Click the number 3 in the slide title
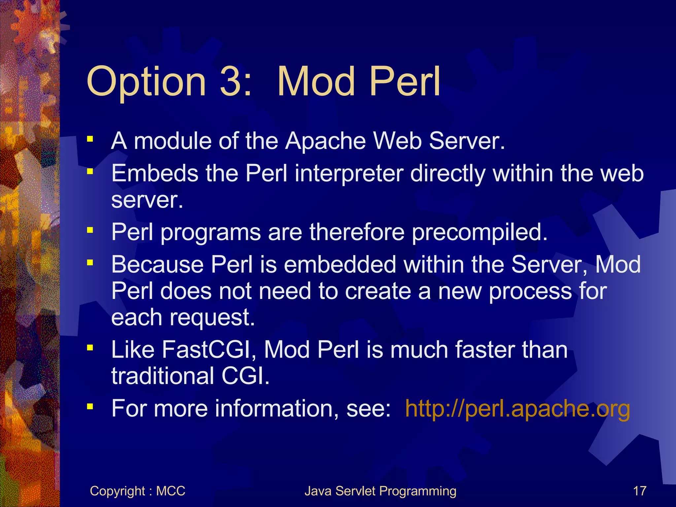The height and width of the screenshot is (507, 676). (x=231, y=81)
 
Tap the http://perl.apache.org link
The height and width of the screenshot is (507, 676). (x=517, y=409)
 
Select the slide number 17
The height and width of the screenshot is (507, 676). (x=639, y=491)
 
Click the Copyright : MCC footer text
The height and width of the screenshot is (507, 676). (x=137, y=491)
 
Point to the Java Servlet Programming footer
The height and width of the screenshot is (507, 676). (x=380, y=491)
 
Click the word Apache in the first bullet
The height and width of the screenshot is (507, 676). (x=325, y=141)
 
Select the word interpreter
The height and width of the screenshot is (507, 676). (x=349, y=173)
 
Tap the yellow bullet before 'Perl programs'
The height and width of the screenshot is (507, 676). (x=90, y=230)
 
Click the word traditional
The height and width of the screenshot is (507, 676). (x=163, y=376)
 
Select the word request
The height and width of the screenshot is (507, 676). (x=212, y=318)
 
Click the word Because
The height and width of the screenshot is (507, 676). (x=157, y=265)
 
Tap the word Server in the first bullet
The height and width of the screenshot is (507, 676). (x=467, y=141)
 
